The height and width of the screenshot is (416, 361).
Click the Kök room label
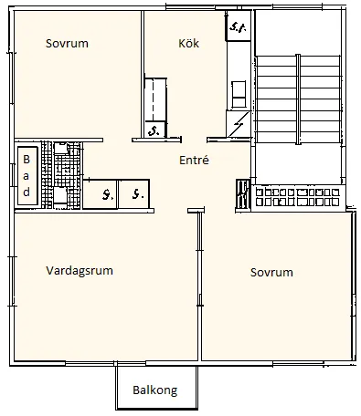188,44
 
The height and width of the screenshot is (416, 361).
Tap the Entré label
194,159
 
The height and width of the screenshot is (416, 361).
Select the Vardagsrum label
85,270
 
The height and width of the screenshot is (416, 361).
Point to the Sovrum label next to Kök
67,44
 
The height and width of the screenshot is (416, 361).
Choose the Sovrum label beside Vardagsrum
271,273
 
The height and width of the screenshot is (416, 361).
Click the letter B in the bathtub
26,161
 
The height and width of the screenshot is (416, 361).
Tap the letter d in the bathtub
26,192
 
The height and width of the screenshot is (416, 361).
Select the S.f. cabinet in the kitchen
239,27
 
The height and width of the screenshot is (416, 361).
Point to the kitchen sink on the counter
239,91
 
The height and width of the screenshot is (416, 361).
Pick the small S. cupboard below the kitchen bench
154,130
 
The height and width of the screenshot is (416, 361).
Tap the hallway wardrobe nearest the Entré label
136,194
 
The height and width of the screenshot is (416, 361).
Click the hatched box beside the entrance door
242,194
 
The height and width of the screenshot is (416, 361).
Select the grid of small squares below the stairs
299,197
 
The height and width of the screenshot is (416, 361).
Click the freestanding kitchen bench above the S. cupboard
154,98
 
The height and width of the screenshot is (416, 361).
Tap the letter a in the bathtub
26,176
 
